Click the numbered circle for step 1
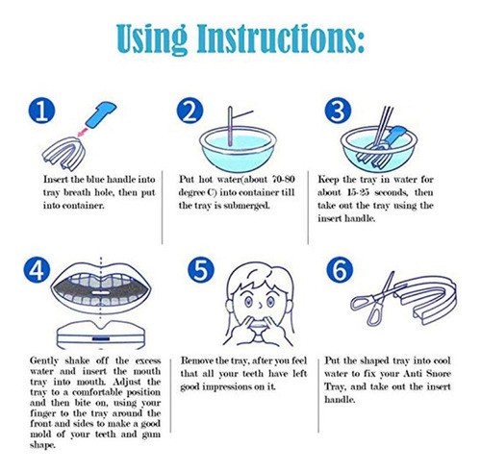coord(41,111)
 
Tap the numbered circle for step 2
coord(190,111)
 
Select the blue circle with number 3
coord(338,111)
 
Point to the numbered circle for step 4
coord(37,270)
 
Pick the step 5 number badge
coord(201,270)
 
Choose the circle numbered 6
coord(340,270)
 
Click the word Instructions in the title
coord(281,38)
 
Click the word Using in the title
coord(152,39)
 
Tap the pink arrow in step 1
coord(83,131)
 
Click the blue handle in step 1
coord(101,114)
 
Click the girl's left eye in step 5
coord(249,302)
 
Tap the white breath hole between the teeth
coord(101,292)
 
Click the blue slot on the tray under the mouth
coord(101,339)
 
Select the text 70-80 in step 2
coord(283,179)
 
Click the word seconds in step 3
coord(391,192)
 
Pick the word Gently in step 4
coord(44,361)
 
